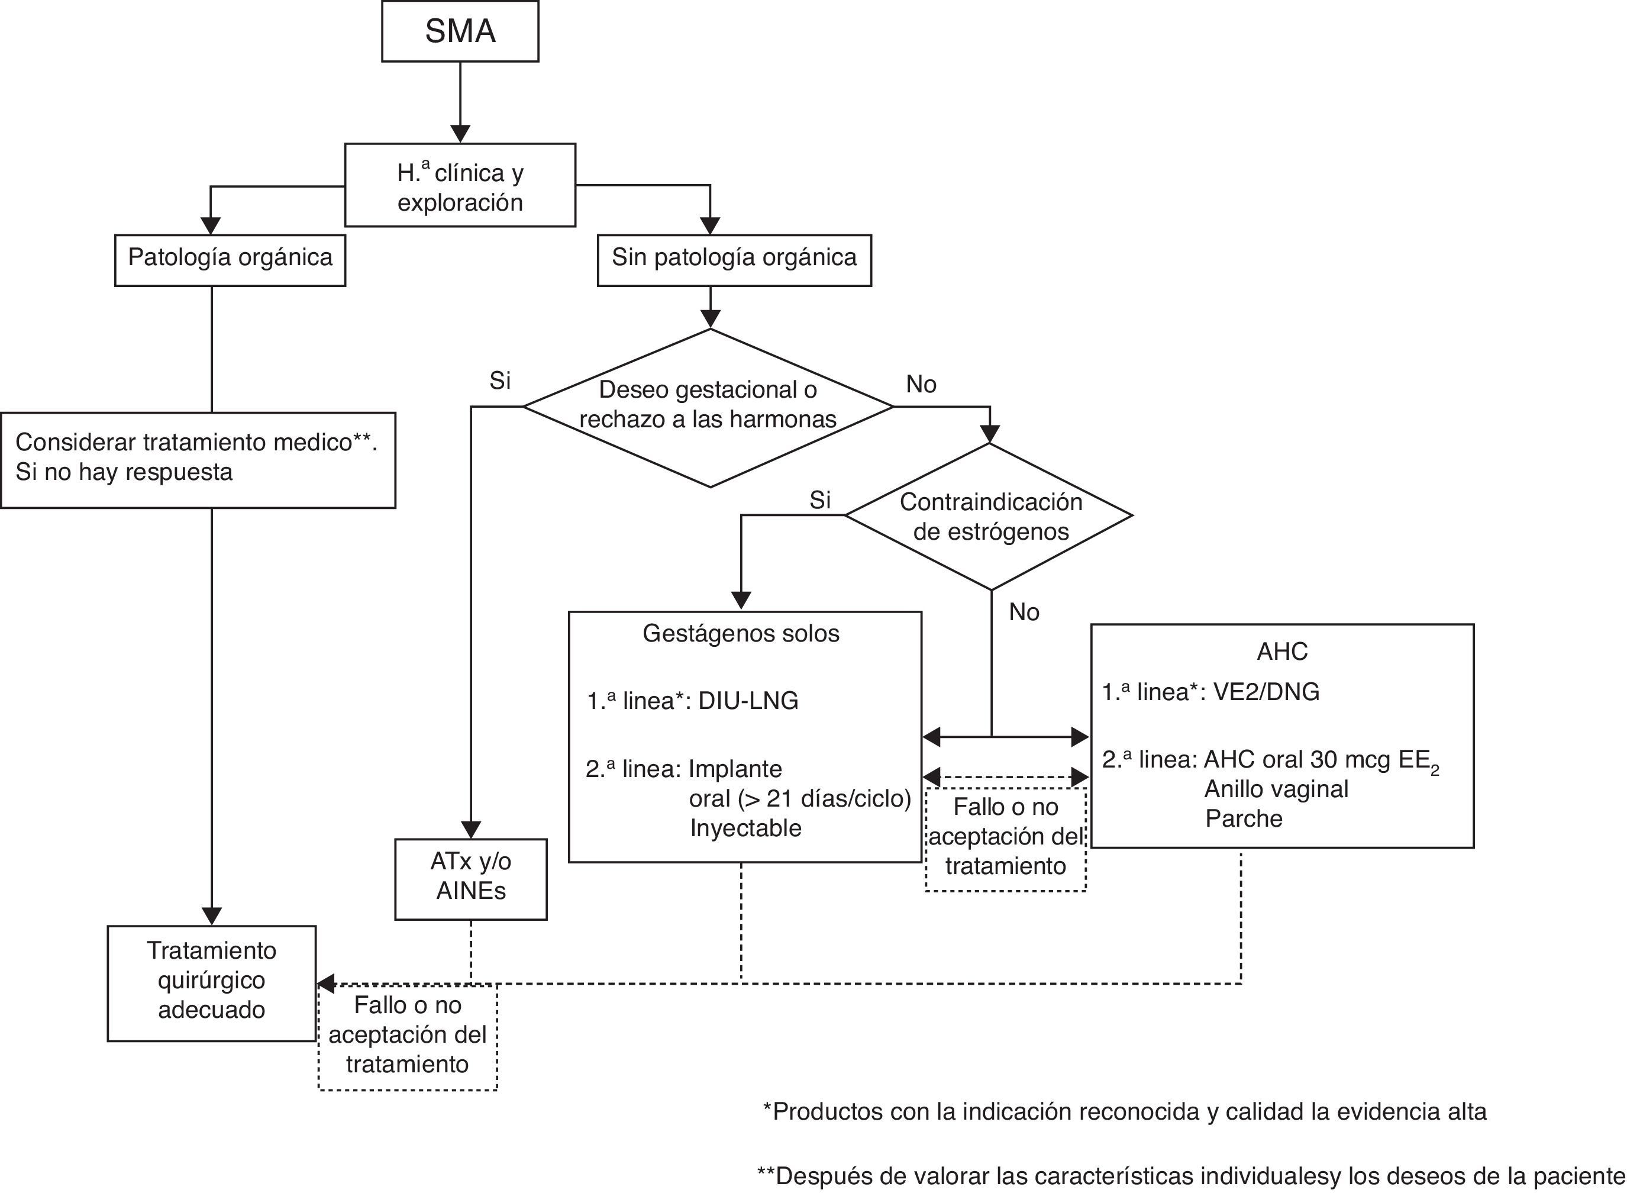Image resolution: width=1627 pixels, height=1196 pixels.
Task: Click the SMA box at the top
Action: tap(460, 31)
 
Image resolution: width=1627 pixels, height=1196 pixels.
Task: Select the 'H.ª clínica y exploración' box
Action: tap(460, 185)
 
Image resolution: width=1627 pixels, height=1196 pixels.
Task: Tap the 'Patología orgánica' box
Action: tap(230, 259)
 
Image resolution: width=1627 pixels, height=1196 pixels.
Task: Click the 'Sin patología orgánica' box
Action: tap(733, 259)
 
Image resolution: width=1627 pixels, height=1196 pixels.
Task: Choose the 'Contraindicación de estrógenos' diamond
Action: tap(989, 516)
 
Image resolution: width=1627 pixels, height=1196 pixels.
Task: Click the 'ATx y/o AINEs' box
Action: tap(470, 878)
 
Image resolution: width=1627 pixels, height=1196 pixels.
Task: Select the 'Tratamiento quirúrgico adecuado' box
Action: tap(211, 982)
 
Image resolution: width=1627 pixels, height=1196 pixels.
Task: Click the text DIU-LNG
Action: tap(748, 701)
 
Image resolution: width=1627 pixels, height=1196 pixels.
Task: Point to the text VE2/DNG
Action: tap(1266, 692)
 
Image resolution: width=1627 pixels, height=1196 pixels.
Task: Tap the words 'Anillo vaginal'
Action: tap(1276, 789)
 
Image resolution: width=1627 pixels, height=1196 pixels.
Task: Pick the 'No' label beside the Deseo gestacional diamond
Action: tap(921, 385)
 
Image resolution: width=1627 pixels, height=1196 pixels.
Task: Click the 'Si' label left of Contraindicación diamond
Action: tap(819, 500)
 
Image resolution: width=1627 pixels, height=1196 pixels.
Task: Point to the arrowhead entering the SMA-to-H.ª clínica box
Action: tap(460, 134)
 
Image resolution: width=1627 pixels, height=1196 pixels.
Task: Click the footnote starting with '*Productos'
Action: tap(1124, 1111)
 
